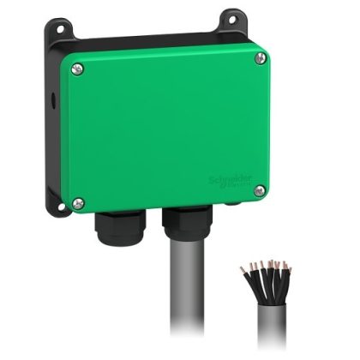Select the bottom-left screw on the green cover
click(79, 202)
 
